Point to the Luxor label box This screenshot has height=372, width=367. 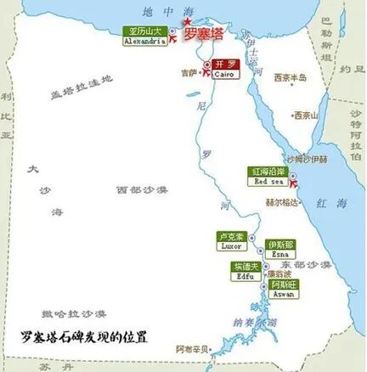(x=232, y=240)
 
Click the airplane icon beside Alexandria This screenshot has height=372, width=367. (x=174, y=37)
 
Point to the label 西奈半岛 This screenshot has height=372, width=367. (x=289, y=77)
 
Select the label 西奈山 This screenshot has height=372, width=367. (x=305, y=116)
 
